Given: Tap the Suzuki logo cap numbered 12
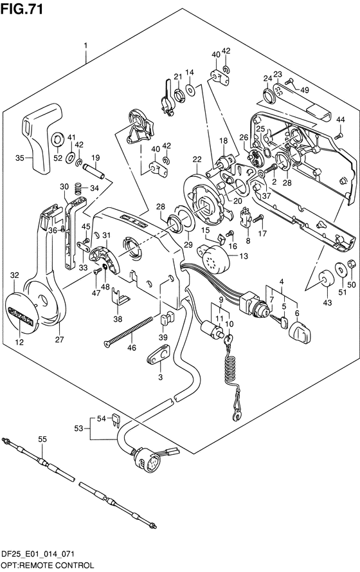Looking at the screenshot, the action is pyautogui.click(x=21, y=312).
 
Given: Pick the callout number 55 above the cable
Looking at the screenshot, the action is pyautogui.click(x=42, y=439).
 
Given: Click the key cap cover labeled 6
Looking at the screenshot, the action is pyautogui.click(x=300, y=332).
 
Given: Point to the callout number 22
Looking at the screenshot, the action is pyautogui.click(x=197, y=160).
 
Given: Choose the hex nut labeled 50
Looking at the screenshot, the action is pyautogui.click(x=351, y=263).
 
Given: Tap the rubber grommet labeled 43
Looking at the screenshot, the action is pyautogui.click(x=325, y=279).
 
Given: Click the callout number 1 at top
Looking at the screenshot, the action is pyautogui.click(x=85, y=46).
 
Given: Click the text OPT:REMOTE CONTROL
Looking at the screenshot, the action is pyautogui.click(x=47, y=565).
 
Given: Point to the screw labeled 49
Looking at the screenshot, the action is pyautogui.click(x=291, y=82).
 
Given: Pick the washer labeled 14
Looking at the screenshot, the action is pyautogui.click(x=190, y=89).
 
